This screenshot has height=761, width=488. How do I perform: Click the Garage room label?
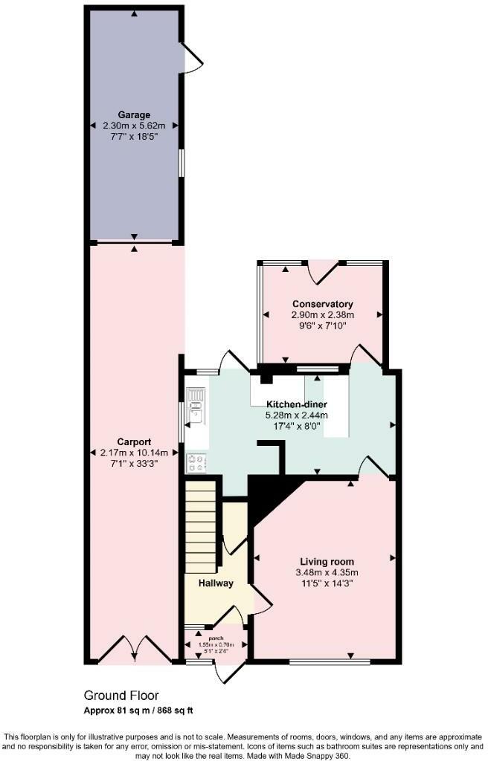[134, 115]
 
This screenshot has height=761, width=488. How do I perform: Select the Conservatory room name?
[322, 304]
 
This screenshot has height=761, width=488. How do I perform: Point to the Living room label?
[327, 561]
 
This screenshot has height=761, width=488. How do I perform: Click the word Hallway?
[216, 583]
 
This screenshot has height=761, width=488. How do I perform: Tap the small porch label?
[216, 638]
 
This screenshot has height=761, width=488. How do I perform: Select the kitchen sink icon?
[196, 407]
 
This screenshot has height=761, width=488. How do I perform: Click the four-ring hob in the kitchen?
[196, 463]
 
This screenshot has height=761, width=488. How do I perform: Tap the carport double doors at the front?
[133, 650]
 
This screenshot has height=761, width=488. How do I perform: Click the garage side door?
[190, 56]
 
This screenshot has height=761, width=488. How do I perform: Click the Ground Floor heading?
[121, 696]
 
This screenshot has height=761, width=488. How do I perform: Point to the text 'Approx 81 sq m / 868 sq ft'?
[138, 711]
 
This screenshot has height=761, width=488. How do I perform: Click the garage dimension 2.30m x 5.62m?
[134, 126]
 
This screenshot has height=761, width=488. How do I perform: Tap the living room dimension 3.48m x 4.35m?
[327, 572]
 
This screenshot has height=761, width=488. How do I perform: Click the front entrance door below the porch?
[228, 671]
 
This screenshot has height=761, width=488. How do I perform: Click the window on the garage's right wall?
[180, 163]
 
